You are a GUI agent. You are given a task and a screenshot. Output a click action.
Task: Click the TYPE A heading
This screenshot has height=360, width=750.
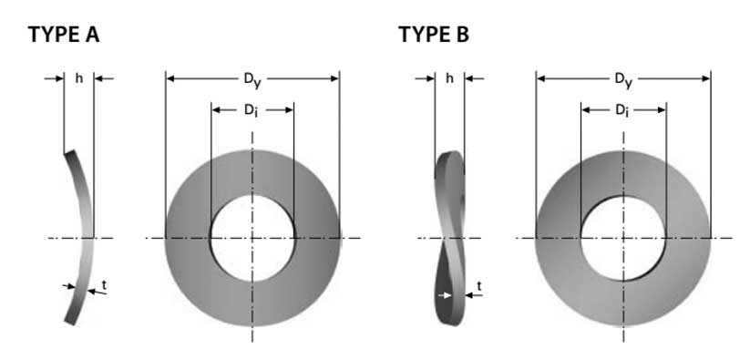pyautogui.click(x=64, y=35)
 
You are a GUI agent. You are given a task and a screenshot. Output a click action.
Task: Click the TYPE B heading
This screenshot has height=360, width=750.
pyautogui.click(x=434, y=35)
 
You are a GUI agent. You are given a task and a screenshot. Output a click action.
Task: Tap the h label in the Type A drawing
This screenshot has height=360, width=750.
pyautogui.click(x=79, y=78)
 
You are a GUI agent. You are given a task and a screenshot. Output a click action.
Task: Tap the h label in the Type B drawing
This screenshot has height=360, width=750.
pyautogui.click(x=449, y=78)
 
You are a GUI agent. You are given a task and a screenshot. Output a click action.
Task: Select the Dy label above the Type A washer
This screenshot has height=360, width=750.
pyautogui.click(x=252, y=80)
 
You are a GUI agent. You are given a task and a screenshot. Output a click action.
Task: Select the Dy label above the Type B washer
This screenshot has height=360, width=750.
pyautogui.click(x=623, y=80)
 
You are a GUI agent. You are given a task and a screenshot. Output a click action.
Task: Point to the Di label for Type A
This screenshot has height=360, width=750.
pyautogui.click(x=251, y=110)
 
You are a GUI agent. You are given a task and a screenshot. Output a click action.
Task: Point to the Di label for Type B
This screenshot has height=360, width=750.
pyautogui.click(x=622, y=110)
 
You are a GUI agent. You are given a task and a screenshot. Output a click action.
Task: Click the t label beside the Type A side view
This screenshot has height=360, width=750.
pyautogui.click(x=104, y=285)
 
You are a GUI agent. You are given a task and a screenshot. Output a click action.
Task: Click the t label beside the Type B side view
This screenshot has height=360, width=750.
pyautogui.click(x=479, y=286)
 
